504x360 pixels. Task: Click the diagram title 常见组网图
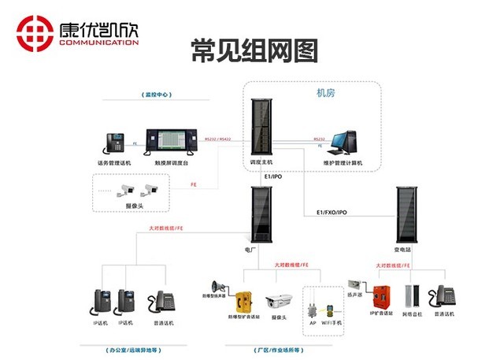(x=254, y=50)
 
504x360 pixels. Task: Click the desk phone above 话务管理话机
(x=115, y=143)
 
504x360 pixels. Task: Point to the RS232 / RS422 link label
(x=218, y=139)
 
